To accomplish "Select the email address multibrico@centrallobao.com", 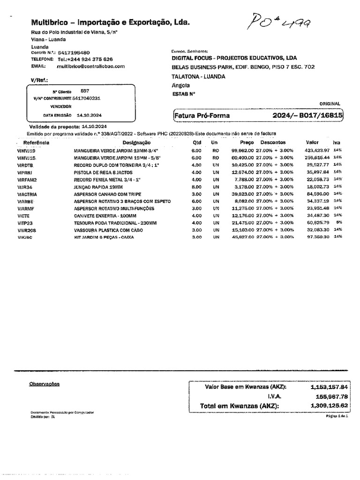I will tap(91, 67).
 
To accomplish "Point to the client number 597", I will tap(85, 90).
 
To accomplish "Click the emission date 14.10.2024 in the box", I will tap(89, 115).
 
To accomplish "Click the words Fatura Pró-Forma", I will tap(202, 115).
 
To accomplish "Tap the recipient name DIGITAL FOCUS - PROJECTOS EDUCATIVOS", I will tap(234, 58).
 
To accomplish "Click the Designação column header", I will tap(136, 142).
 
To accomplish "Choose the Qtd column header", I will tap(196, 142).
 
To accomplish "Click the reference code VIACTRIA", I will tap(27, 194).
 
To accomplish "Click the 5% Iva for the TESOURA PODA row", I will tap(338, 223).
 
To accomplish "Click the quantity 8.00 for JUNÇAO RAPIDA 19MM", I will tap(196, 187).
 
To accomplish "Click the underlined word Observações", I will tap(45, 384).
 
